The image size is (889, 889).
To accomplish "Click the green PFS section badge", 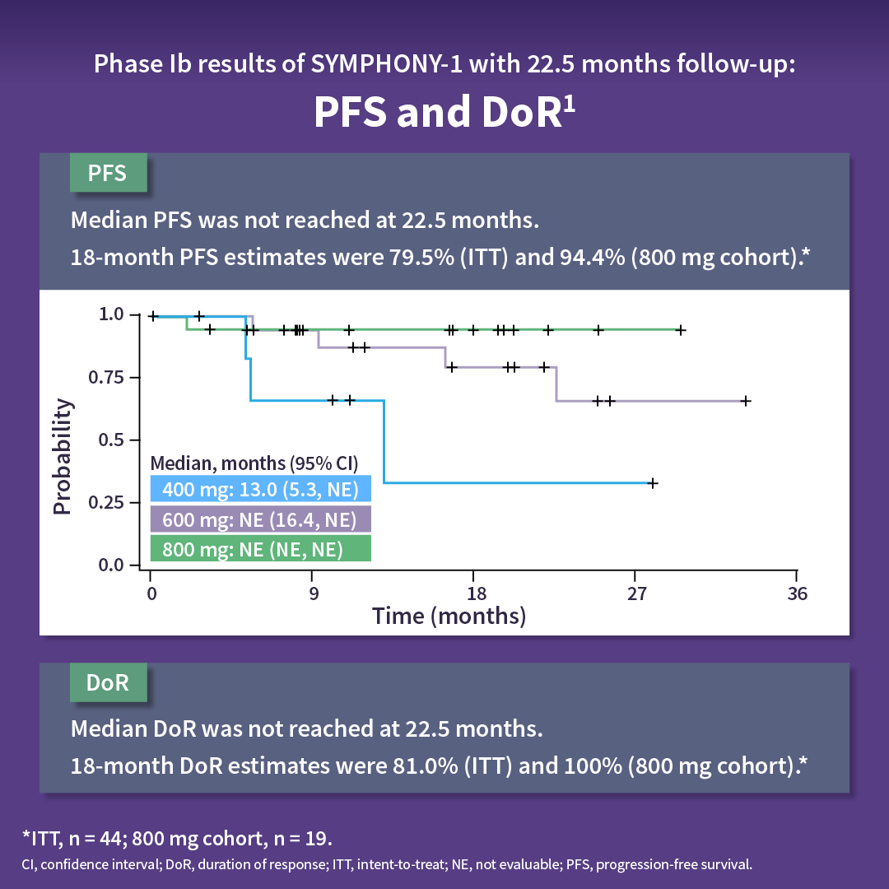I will click(x=108, y=174).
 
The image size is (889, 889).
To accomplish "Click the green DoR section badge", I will click(x=108, y=684).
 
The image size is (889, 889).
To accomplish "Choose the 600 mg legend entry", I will click(x=260, y=519).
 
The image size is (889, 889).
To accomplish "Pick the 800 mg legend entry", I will click(x=260, y=548).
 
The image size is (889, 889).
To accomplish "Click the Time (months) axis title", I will click(x=449, y=616).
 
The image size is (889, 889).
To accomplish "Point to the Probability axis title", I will click(x=63, y=457).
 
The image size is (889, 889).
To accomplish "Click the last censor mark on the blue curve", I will click(x=653, y=483).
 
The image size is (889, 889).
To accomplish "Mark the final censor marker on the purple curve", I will click(x=745, y=401).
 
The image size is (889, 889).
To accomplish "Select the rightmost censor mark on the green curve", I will click(x=681, y=330).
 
